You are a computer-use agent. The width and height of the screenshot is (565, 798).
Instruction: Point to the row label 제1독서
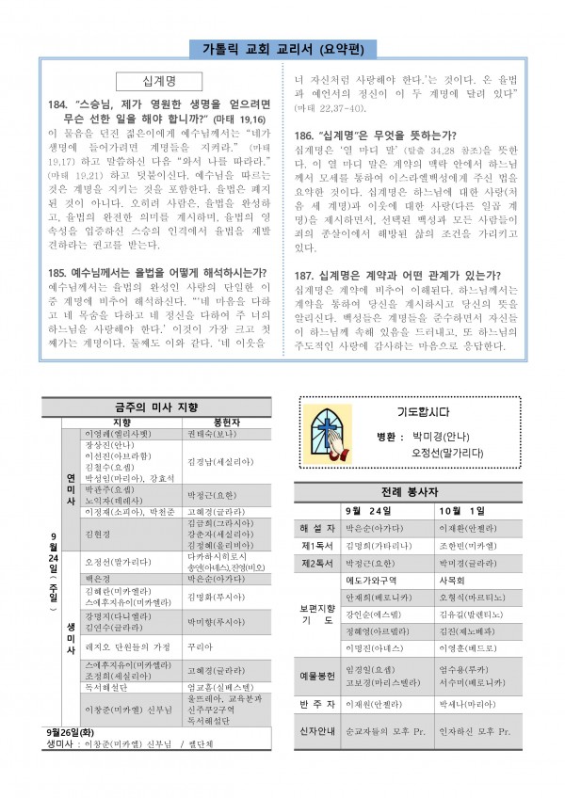[x=318, y=546]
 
